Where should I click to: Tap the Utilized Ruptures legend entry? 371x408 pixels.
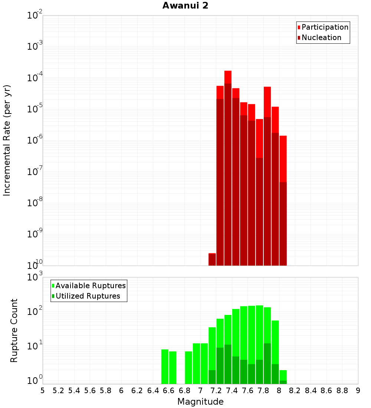pos(88,296)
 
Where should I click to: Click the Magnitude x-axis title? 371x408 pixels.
pos(200,402)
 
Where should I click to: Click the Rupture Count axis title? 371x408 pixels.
pos(14,330)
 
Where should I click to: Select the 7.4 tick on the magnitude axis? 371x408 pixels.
pos(232,391)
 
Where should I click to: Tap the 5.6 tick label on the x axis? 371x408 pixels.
pos(90,391)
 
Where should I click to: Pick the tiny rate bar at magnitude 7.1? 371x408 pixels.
pos(212,260)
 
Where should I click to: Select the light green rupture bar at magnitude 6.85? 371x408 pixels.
pos(188,368)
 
